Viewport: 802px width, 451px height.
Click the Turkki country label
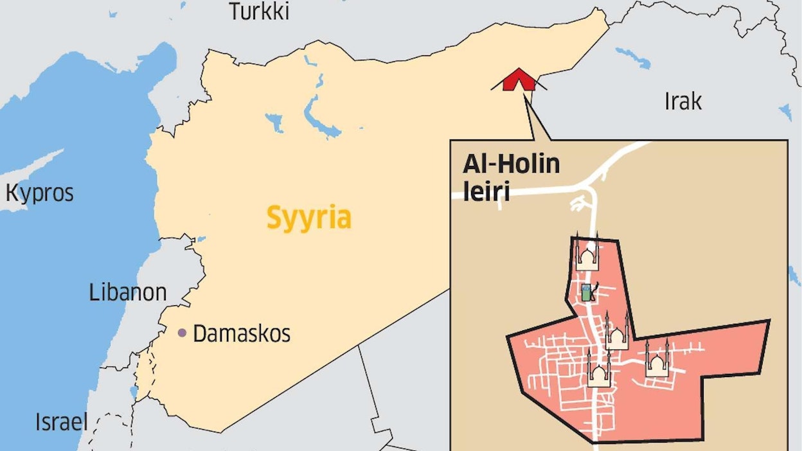[260, 11]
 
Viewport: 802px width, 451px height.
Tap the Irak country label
[683, 101]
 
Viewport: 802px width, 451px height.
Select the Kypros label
[40, 193]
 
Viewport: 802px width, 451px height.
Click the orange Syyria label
[309, 218]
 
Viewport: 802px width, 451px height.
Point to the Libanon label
[128, 293]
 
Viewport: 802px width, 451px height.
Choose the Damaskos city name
[242, 333]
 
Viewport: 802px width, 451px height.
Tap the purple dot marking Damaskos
[183, 333]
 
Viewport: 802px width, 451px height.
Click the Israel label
[62, 422]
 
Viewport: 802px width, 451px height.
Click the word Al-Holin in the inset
[512, 164]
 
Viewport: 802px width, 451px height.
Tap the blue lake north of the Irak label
[633, 58]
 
